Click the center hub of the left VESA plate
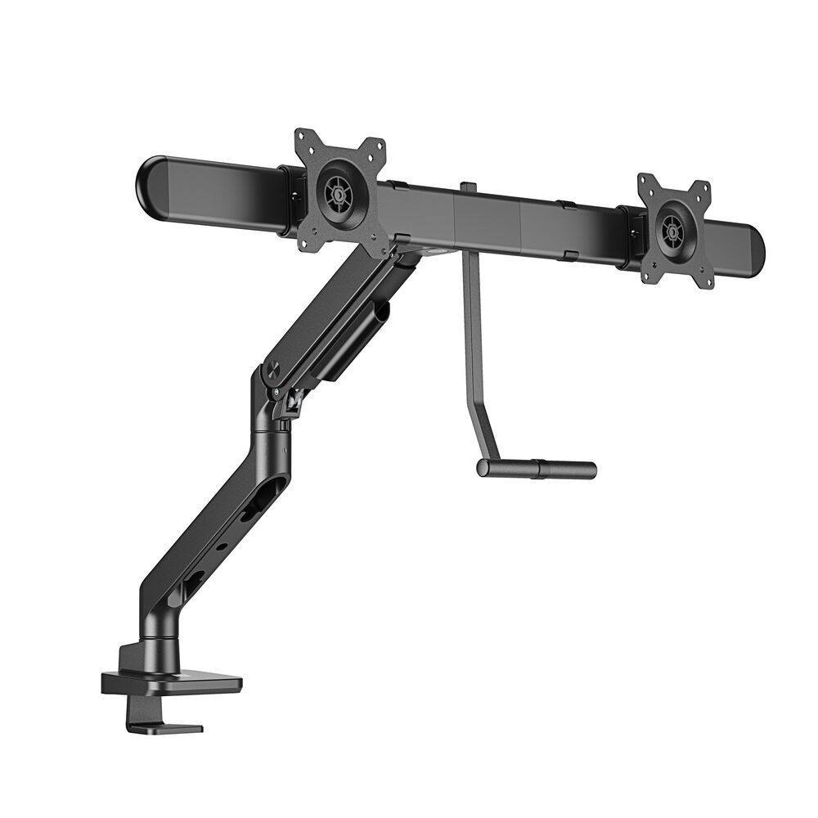pos(336,195)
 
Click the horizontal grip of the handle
pos(537,469)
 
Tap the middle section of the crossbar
pos(488,216)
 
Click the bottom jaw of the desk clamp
pos(164,726)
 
